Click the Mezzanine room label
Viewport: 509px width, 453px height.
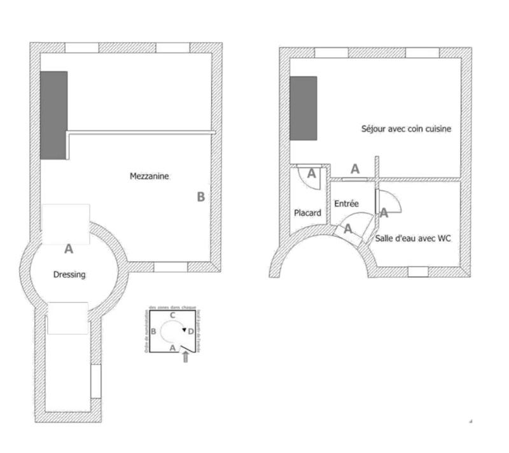[150, 177]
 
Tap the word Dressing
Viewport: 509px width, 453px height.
[69, 274]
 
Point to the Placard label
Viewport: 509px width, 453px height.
[307, 213]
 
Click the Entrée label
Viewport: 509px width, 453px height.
[346, 204]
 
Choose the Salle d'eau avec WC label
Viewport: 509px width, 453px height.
[413, 238]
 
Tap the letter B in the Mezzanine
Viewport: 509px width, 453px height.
[200, 197]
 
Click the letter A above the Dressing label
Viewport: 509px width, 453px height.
[69, 249]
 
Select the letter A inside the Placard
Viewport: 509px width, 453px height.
[312, 172]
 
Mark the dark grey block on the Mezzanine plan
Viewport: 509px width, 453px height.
[53, 114]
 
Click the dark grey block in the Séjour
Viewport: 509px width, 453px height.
[303, 108]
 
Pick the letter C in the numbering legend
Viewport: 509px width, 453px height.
[172, 315]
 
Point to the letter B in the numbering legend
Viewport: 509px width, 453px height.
[153, 332]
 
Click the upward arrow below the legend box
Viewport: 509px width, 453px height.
[185, 358]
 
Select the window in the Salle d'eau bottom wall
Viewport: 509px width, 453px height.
[417, 272]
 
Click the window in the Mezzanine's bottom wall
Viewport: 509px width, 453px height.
[170, 267]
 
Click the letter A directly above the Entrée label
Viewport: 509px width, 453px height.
[355, 169]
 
